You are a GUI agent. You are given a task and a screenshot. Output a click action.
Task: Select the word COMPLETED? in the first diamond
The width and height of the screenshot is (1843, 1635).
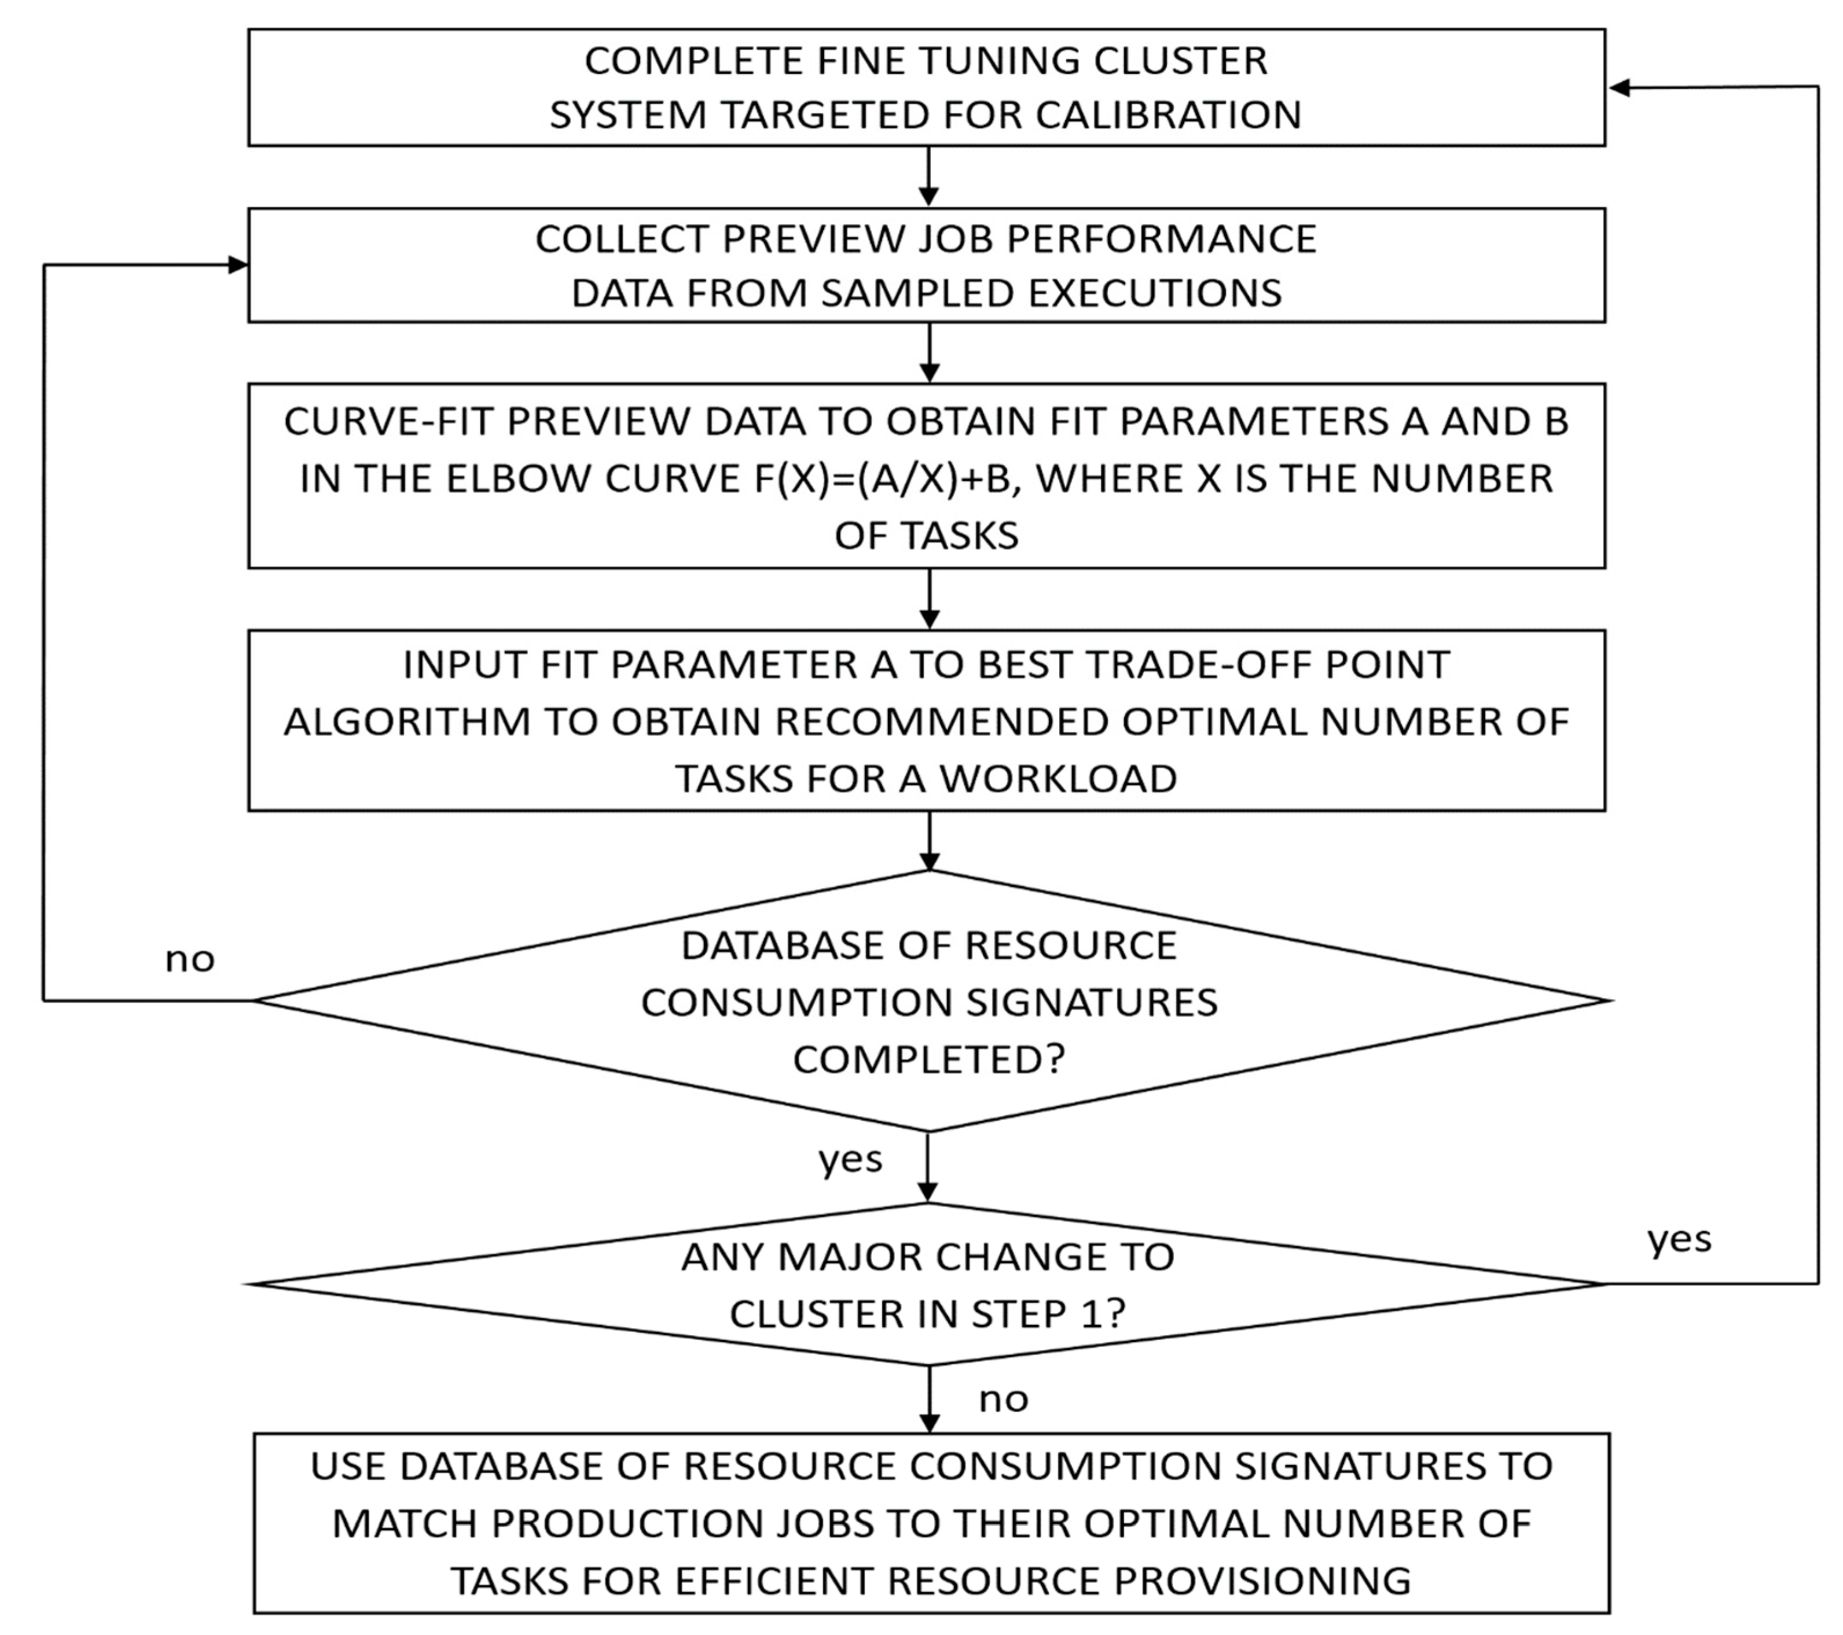tap(928, 1059)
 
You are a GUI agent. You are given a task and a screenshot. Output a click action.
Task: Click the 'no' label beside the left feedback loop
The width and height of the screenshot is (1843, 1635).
tap(189, 959)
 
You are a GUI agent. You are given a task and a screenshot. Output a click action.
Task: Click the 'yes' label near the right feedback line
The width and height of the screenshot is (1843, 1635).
tap(1679, 1239)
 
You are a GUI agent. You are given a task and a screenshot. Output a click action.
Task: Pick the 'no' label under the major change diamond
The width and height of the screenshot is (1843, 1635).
tap(1003, 1399)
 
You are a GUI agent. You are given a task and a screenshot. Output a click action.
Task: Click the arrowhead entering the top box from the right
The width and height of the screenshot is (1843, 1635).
tap(1620, 87)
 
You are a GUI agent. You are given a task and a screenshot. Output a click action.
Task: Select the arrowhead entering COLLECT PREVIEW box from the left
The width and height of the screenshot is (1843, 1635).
tap(237, 265)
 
